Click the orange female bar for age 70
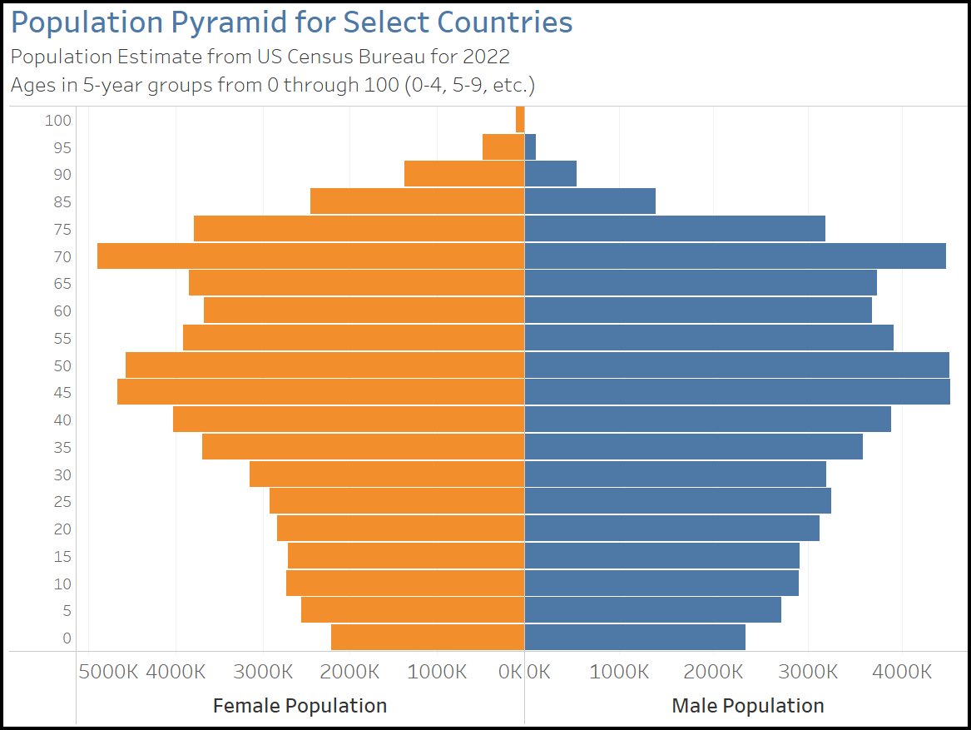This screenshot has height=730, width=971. tap(310, 256)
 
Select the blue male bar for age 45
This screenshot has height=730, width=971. tap(737, 392)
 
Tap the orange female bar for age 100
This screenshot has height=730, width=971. tap(520, 120)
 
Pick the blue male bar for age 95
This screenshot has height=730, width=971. tap(530, 147)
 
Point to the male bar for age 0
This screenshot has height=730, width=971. tap(635, 638)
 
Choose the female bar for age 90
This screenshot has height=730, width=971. tap(464, 174)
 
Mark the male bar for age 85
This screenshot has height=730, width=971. tap(590, 201)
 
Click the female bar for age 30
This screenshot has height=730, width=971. tap(387, 474)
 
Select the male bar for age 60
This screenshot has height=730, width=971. tap(698, 310)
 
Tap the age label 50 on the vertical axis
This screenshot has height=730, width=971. tap(62, 366)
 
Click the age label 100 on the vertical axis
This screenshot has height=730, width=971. tap(58, 121)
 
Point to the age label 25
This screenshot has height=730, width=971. tap(62, 502)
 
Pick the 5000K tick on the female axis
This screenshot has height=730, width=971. tap(108, 672)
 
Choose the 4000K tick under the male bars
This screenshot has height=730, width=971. tap(903, 672)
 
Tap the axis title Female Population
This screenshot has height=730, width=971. tap(300, 706)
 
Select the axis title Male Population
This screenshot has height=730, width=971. tap(747, 706)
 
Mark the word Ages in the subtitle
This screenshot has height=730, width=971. tap(31, 85)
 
